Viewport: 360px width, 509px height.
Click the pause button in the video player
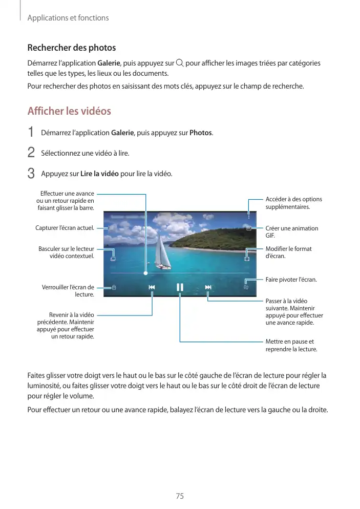click(180, 287)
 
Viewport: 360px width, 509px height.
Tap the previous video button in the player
click(152, 287)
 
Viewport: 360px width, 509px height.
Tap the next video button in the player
click(208, 287)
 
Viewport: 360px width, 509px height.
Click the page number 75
click(180, 496)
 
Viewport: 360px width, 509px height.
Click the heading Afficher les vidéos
click(69, 111)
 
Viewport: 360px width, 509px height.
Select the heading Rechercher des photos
click(71, 48)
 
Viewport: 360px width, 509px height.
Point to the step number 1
click(31, 133)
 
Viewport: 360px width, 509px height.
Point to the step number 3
click(31, 174)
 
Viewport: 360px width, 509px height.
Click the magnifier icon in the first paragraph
click(179, 63)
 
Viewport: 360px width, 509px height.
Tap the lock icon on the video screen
click(114, 287)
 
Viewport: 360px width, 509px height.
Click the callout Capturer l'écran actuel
click(65, 228)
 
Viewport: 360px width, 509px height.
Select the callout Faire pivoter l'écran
click(291, 280)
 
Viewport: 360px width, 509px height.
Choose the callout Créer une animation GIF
click(291, 232)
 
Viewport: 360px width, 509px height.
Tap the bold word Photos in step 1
click(200, 133)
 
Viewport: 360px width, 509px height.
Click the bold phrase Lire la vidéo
click(99, 174)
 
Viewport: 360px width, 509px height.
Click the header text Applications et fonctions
click(68, 18)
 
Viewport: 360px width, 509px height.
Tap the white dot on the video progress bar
click(145, 273)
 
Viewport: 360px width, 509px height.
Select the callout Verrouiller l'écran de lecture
click(68, 291)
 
